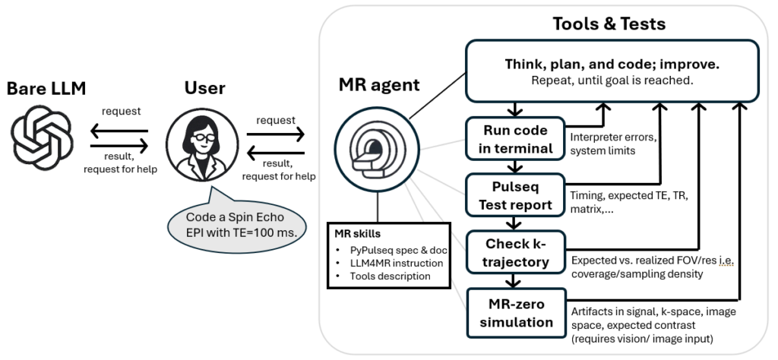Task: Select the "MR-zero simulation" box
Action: [516, 311]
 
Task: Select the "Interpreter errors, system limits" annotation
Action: [612, 143]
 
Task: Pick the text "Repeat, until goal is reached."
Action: [612, 80]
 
